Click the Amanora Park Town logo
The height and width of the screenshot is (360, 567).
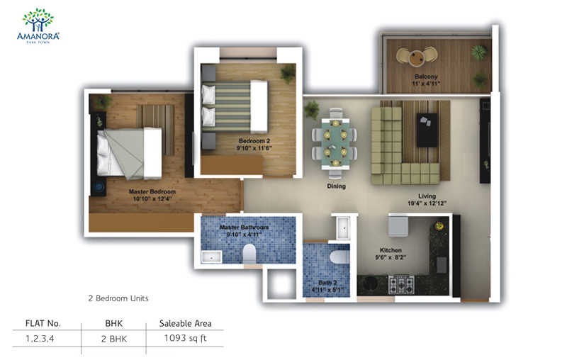click(38, 26)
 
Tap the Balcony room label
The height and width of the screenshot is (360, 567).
click(426, 77)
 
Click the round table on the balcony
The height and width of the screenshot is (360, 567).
click(416, 58)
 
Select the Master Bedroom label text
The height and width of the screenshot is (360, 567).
click(152, 191)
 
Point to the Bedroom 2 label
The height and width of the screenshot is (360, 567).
click(254, 141)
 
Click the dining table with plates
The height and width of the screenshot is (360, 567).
click(335, 143)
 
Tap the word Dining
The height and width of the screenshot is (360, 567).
click(336, 186)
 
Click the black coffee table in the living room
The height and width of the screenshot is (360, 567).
click(427, 130)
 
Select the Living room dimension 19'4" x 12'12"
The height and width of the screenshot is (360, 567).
click(427, 203)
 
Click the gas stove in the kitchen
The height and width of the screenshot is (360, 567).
click(401, 284)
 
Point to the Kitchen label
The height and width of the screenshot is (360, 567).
click(391, 250)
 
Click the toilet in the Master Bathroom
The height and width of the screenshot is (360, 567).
click(249, 254)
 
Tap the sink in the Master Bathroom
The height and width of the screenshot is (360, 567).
click(211, 257)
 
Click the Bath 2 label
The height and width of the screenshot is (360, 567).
click(327, 283)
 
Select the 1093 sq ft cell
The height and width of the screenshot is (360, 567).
click(185, 338)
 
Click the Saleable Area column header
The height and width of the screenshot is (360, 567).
click(185, 323)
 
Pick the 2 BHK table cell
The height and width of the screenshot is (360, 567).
click(114, 339)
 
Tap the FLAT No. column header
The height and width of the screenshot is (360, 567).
click(43, 323)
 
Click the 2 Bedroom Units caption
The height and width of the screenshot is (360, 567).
click(118, 298)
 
